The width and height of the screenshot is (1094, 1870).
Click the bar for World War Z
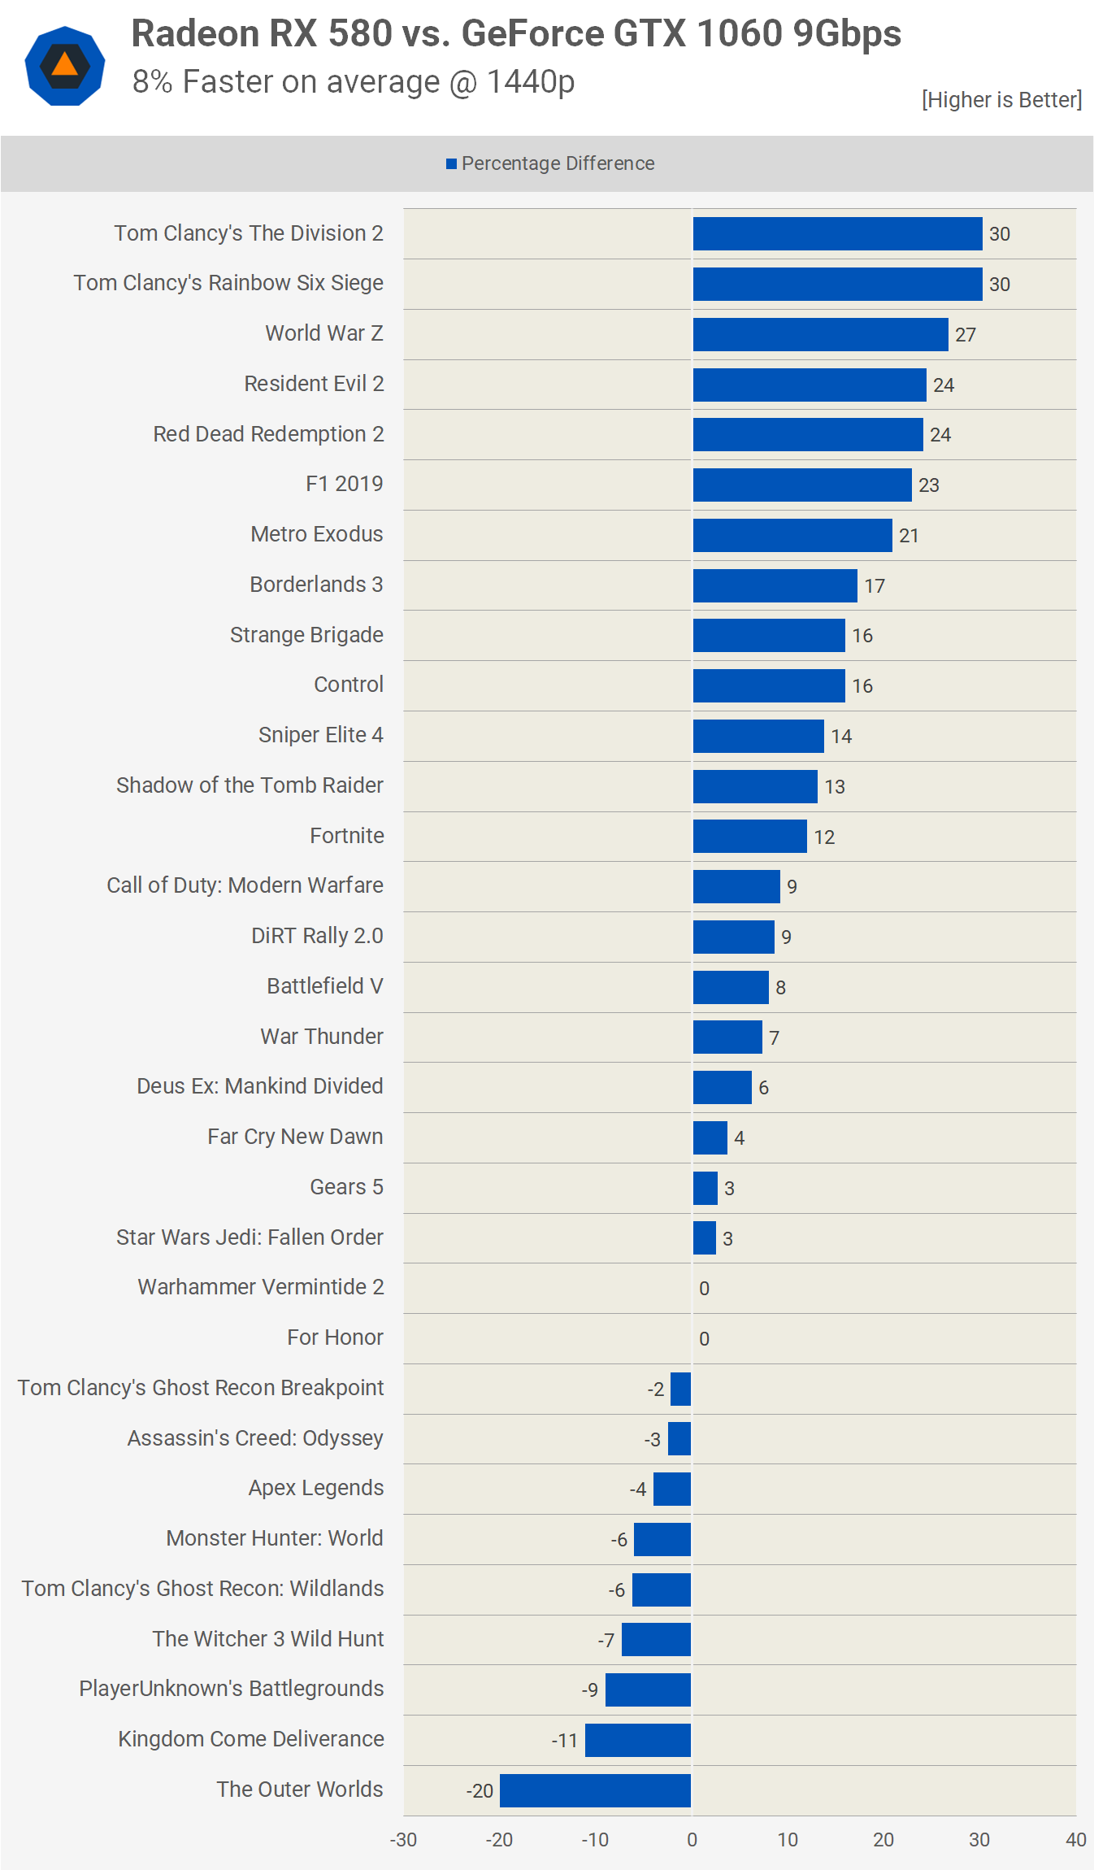(820, 334)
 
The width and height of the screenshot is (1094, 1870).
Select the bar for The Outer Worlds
(595, 1790)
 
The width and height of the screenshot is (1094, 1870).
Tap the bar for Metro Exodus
(792, 535)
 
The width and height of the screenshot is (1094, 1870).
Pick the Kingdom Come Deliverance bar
(638, 1740)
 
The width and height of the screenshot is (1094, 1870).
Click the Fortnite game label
(346, 836)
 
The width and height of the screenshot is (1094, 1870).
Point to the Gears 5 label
(346, 1187)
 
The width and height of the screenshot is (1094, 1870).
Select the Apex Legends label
(315, 1488)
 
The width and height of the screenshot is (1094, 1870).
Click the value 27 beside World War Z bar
(966, 335)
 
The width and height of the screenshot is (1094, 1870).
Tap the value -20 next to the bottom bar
(480, 1791)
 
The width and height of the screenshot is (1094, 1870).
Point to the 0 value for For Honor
(704, 1339)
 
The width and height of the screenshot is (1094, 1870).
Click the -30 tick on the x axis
(403, 1840)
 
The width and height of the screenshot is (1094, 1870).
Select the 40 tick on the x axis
(1076, 1840)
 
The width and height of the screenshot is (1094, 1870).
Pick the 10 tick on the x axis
(788, 1840)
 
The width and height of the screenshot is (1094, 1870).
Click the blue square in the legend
(451, 164)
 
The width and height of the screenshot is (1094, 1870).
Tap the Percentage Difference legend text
(558, 163)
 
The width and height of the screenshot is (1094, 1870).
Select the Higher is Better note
(1001, 100)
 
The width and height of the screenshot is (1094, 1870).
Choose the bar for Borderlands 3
(775, 585)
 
